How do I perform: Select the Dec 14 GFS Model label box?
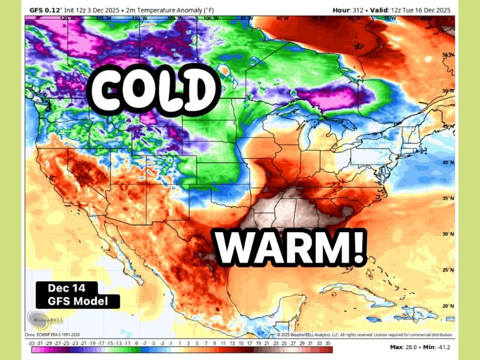[77, 295]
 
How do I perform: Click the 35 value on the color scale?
[328, 342]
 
